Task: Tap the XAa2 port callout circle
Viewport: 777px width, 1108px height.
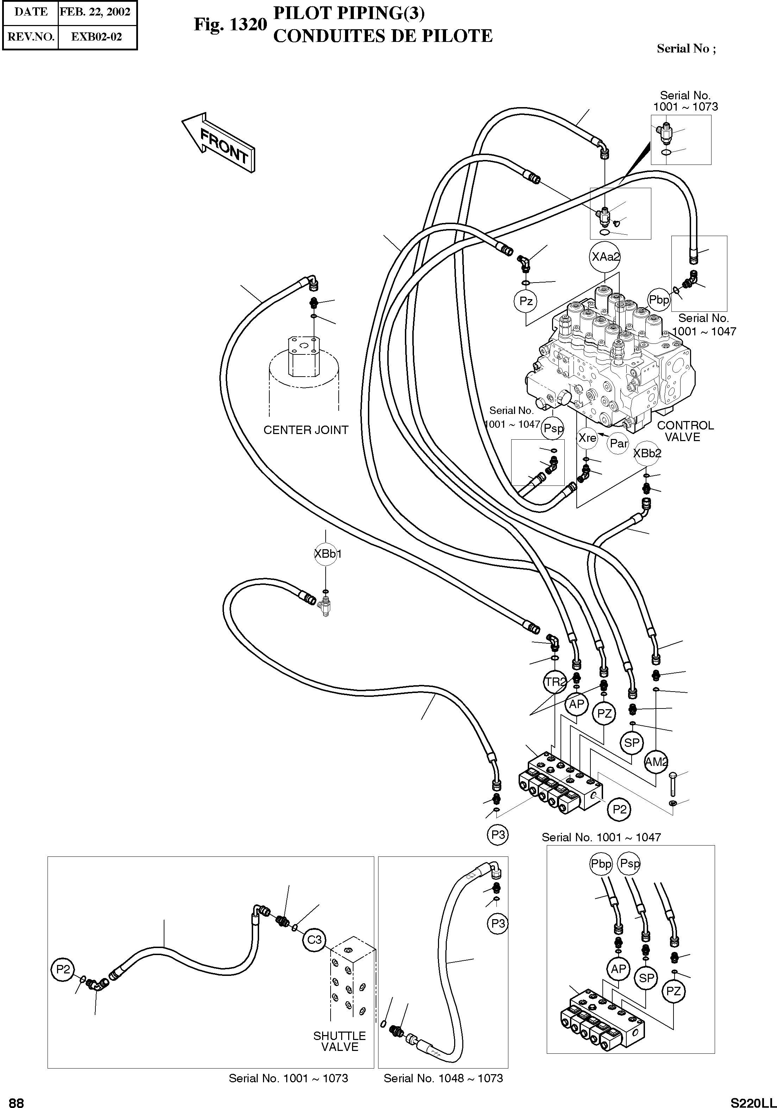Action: point(605,257)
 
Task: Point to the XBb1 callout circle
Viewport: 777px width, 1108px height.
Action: point(327,553)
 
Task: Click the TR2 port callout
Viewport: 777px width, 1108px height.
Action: point(554,682)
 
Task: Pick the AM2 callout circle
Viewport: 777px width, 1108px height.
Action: point(657,762)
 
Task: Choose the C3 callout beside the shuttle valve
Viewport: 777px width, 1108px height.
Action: point(314,940)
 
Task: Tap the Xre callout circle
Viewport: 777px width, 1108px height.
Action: point(587,438)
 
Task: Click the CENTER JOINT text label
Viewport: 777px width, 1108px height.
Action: point(306,430)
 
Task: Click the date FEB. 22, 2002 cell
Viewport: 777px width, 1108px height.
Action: point(95,12)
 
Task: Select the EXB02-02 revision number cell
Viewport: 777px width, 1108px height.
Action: point(96,37)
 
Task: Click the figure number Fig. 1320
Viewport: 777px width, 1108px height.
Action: point(230,24)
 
